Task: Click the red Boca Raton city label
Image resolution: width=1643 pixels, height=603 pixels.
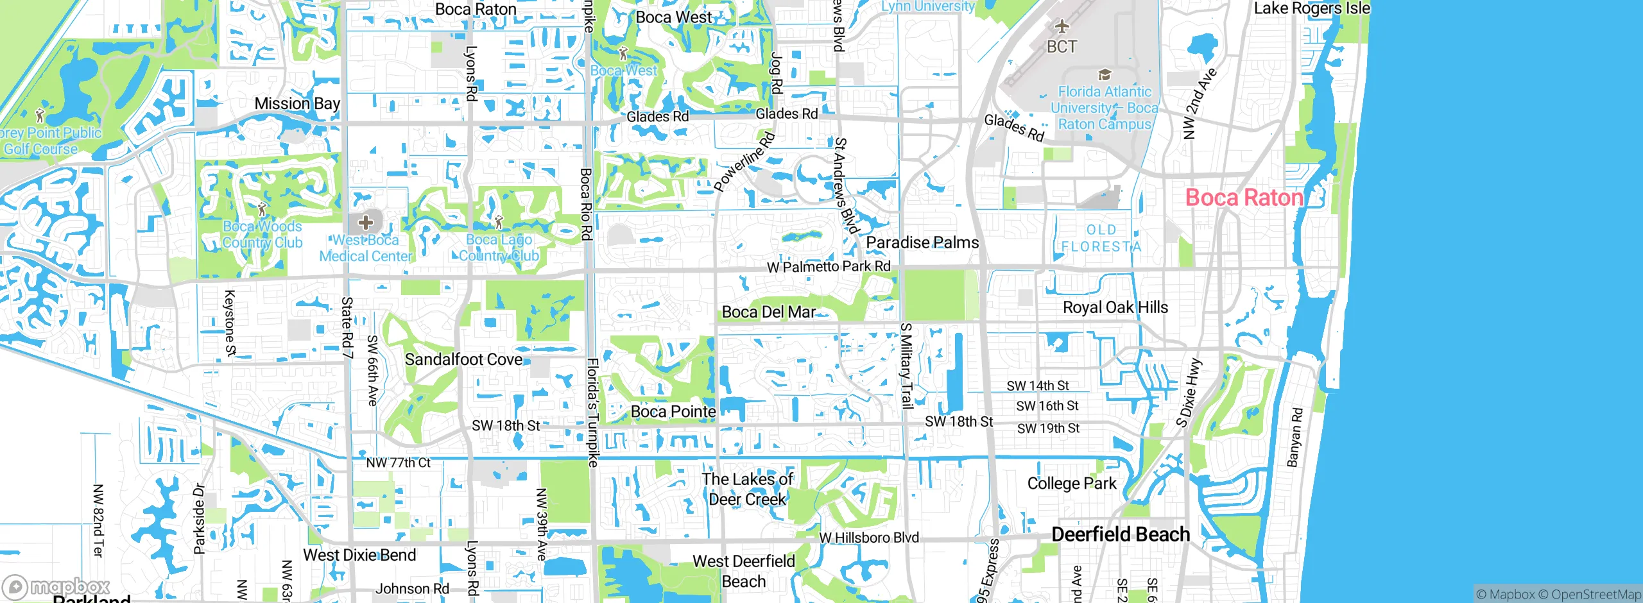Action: coord(1244,198)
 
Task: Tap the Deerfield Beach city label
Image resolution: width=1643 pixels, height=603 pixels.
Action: coord(1121,534)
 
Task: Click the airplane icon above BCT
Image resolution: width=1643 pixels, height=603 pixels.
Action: coord(1062,26)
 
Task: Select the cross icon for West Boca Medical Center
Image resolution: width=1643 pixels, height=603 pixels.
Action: coord(366,223)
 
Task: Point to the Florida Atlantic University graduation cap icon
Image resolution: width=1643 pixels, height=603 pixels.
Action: coord(1105,75)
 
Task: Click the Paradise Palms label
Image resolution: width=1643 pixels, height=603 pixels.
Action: coord(922,242)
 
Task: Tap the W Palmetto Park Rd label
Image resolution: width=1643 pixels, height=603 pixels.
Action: coord(829,266)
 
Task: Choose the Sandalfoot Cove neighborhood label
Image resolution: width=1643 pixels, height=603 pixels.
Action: coord(463,359)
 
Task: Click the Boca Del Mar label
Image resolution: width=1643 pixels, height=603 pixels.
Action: coord(769,312)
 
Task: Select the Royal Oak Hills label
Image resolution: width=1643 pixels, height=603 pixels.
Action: coord(1115,307)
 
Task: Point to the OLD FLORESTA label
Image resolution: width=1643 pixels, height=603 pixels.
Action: coord(1101,238)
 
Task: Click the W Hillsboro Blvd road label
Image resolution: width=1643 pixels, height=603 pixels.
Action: coord(869,538)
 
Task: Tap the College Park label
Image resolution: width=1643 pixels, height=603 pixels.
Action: coord(1072,484)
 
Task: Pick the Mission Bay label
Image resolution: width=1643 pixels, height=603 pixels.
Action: coord(297,103)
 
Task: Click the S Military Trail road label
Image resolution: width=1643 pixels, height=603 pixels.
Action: coord(906,366)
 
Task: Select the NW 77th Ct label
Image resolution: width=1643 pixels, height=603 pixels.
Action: coord(398,463)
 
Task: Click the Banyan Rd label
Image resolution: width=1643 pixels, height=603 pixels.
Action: coord(1295,437)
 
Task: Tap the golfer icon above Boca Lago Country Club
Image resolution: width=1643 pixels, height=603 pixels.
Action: coord(499,222)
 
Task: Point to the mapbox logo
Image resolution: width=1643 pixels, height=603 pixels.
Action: coord(56,587)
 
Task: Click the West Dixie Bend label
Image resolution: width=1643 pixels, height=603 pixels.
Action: coord(359,555)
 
